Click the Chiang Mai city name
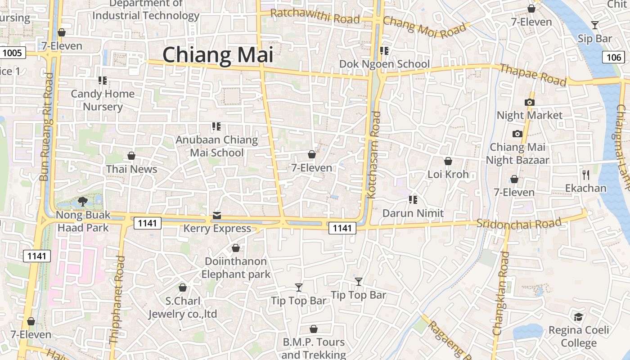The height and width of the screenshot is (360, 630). (x=218, y=55)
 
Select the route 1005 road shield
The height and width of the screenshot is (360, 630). (x=12, y=53)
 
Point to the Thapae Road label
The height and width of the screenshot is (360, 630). (x=533, y=75)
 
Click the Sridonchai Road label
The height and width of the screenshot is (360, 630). (x=519, y=223)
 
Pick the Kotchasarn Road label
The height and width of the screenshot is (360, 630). (x=374, y=155)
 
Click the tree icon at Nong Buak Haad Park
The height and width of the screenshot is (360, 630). (x=82, y=202)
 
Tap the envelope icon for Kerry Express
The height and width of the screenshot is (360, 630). (x=217, y=216)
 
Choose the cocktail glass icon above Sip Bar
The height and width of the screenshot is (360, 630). (x=595, y=25)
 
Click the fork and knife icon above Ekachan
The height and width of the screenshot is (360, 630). (x=585, y=175)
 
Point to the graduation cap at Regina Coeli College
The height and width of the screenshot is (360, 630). (x=578, y=317)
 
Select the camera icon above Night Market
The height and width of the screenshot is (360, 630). (x=529, y=102)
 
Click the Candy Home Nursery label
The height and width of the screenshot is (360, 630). (x=103, y=100)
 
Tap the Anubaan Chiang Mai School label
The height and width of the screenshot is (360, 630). (x=216, y=146)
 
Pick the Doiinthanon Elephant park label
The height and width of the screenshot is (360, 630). (x=236, y=268)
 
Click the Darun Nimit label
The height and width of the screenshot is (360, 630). (x=413, y=213)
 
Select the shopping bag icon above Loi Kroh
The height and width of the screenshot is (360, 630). (x=448, y=161)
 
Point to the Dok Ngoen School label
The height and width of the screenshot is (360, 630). (x=384, y=64)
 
